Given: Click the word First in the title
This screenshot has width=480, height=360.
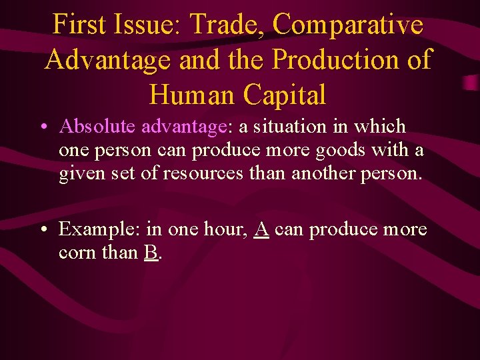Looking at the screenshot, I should point(77,25).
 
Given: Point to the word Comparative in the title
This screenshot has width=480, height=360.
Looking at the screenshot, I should point(348,26).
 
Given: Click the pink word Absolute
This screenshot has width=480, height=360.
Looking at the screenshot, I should point(97,127).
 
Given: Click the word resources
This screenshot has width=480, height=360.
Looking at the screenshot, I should point(198,174).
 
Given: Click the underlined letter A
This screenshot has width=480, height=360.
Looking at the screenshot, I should point(262,229).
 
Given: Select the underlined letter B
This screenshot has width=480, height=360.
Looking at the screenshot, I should point(151,253).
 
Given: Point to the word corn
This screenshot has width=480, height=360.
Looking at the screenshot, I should point(77,253).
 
